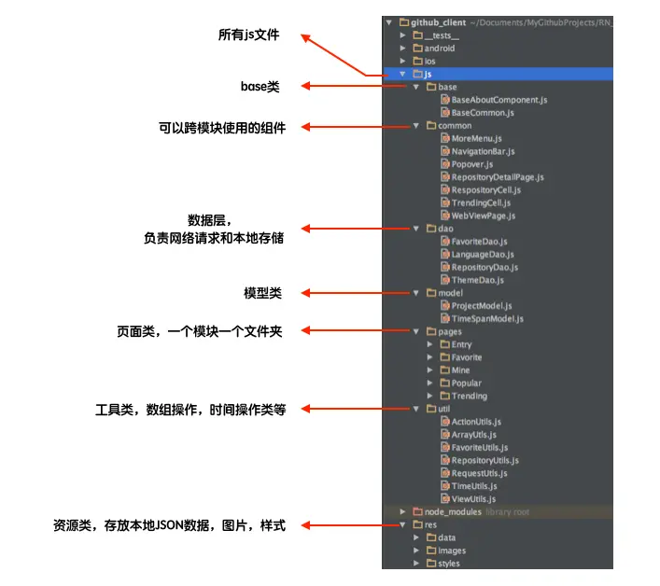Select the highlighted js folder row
pyautogui.click(x=499, y=74)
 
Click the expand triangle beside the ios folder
pyautogui.click(x=403, y=61)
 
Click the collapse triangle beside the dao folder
pyautogui.click(x=415, y=229)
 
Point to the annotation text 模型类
pyautogui.click(x=263, y=293)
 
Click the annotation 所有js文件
pyautogui.click(x=248, y=35)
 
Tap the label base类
pyautogui.click(x=260, y=87)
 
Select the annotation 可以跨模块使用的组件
pyautogui.click(x=222, y=128)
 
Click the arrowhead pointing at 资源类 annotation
pyautogui.click(x=306, y=525)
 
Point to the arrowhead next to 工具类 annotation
pyautogui.click(x=306, y=409)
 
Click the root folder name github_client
pyautogui.click(x=438, y=22)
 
